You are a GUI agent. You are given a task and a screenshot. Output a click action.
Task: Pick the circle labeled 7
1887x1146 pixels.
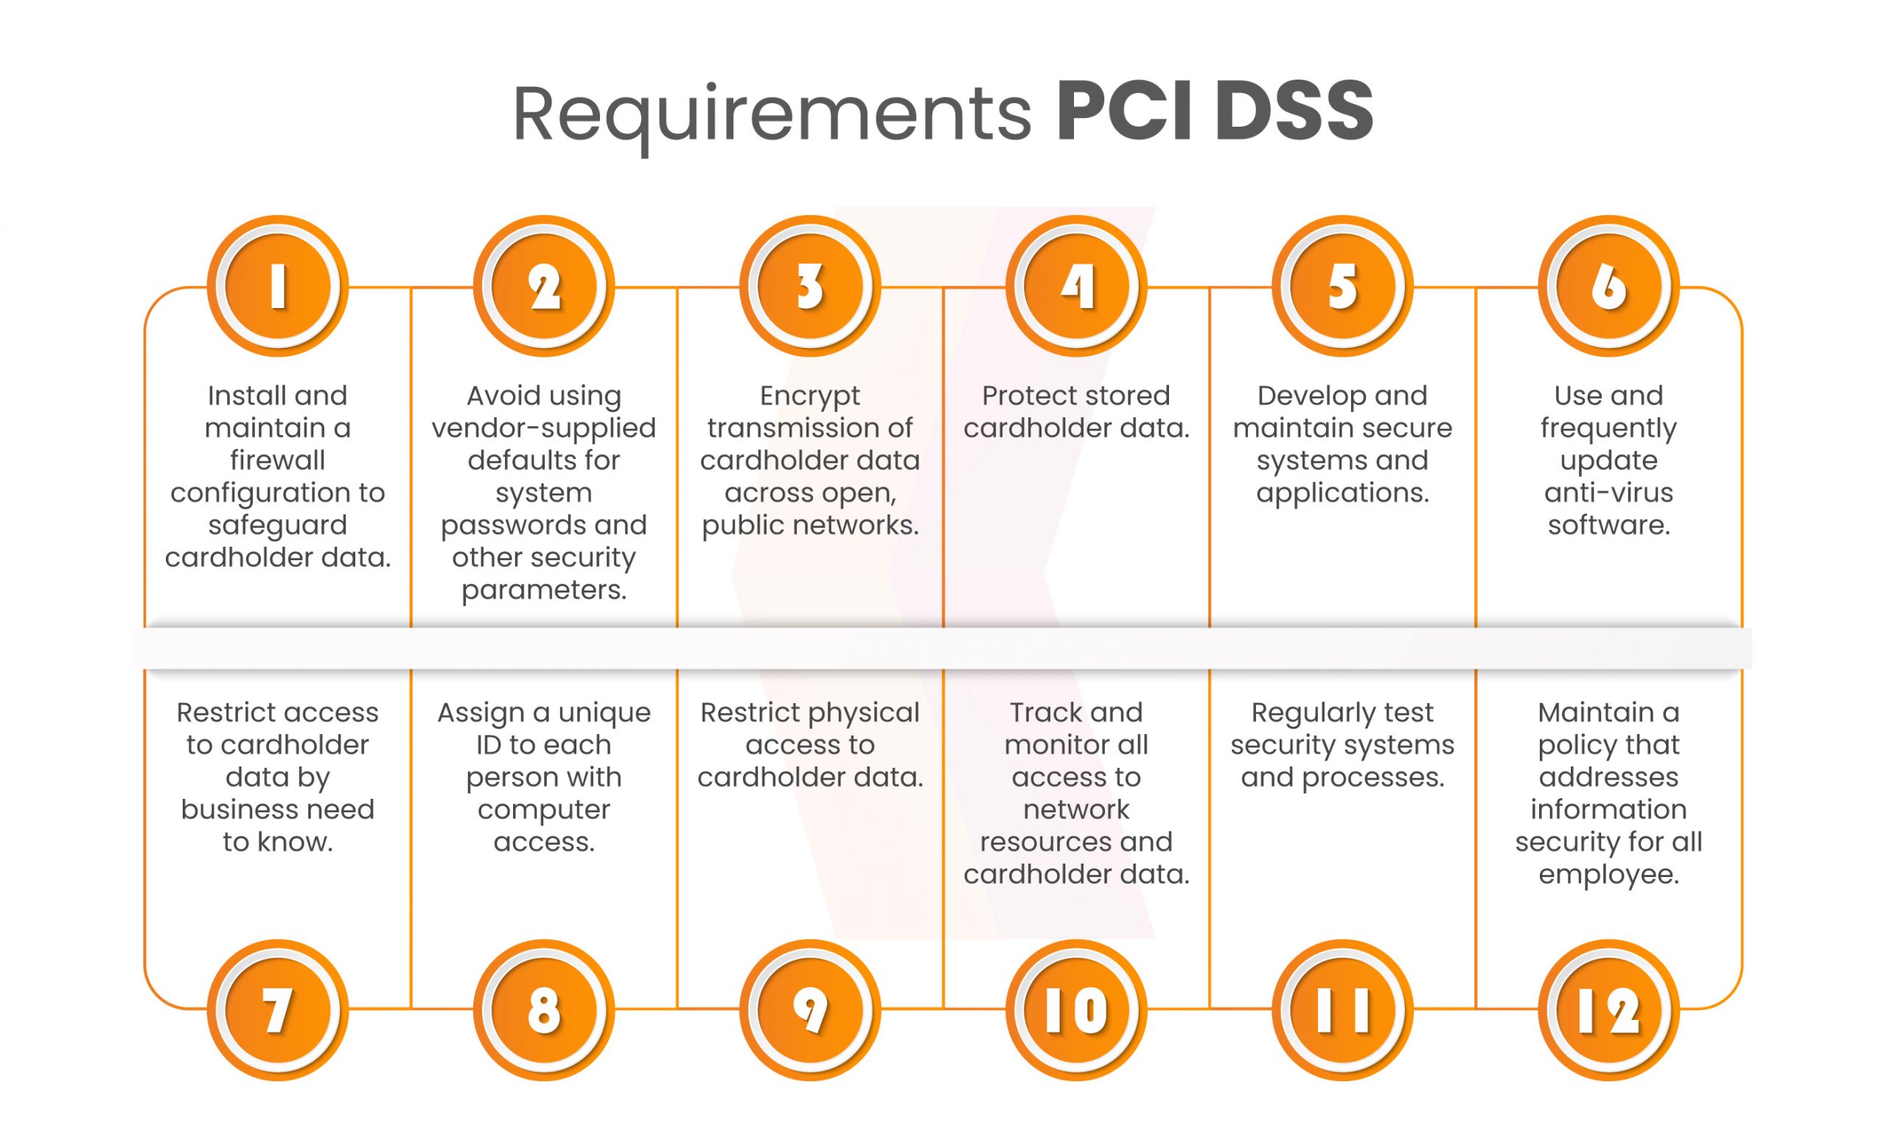(277, 1010)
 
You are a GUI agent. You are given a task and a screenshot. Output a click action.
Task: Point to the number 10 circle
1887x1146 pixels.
(1076, 1010)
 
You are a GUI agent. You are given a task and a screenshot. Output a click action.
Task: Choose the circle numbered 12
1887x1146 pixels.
(1608, 1010)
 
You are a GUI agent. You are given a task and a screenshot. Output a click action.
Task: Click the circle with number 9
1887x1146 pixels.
(809, 1010)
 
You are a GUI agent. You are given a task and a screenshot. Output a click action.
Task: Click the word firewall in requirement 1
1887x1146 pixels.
(277, 460)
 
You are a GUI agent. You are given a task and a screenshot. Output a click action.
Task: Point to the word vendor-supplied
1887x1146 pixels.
(544, 428)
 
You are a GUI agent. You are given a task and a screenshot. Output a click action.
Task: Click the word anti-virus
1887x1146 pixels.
(1608, 492)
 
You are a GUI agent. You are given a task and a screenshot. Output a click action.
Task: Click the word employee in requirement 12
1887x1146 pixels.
(1608, 875)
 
